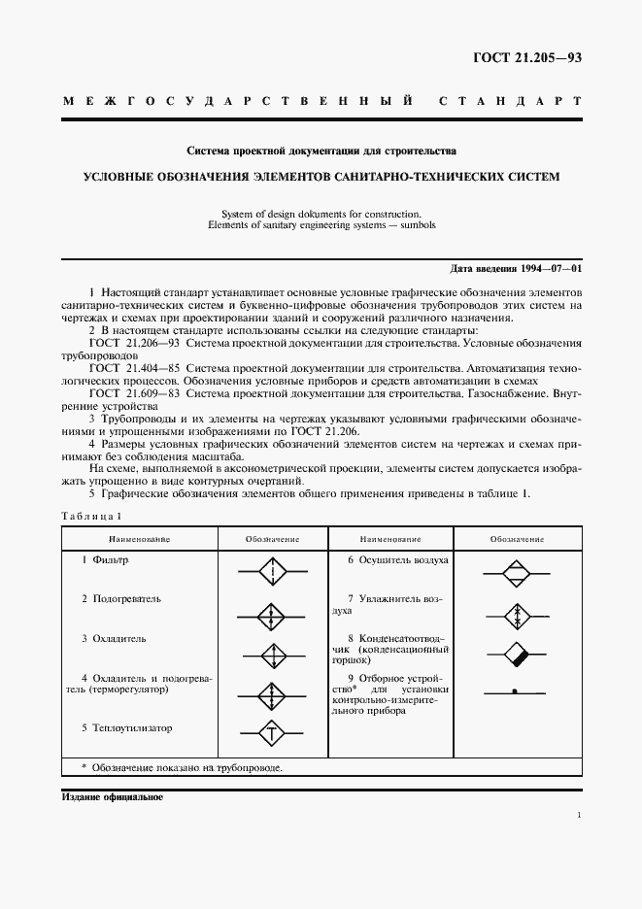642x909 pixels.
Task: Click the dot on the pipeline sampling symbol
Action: [516, 691]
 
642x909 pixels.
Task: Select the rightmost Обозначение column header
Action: [517, 538]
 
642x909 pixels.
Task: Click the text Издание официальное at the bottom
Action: [112, 797]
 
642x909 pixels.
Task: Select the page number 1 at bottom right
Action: [578, 816]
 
